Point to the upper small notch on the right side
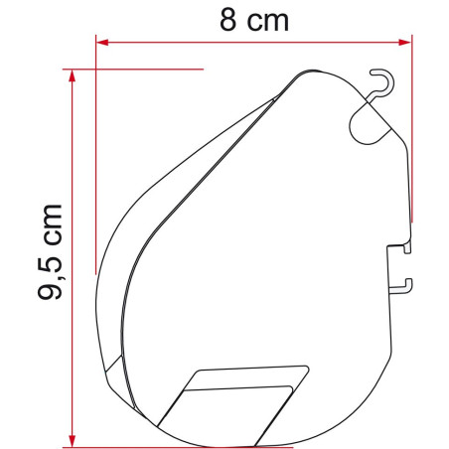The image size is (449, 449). point(401,250)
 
